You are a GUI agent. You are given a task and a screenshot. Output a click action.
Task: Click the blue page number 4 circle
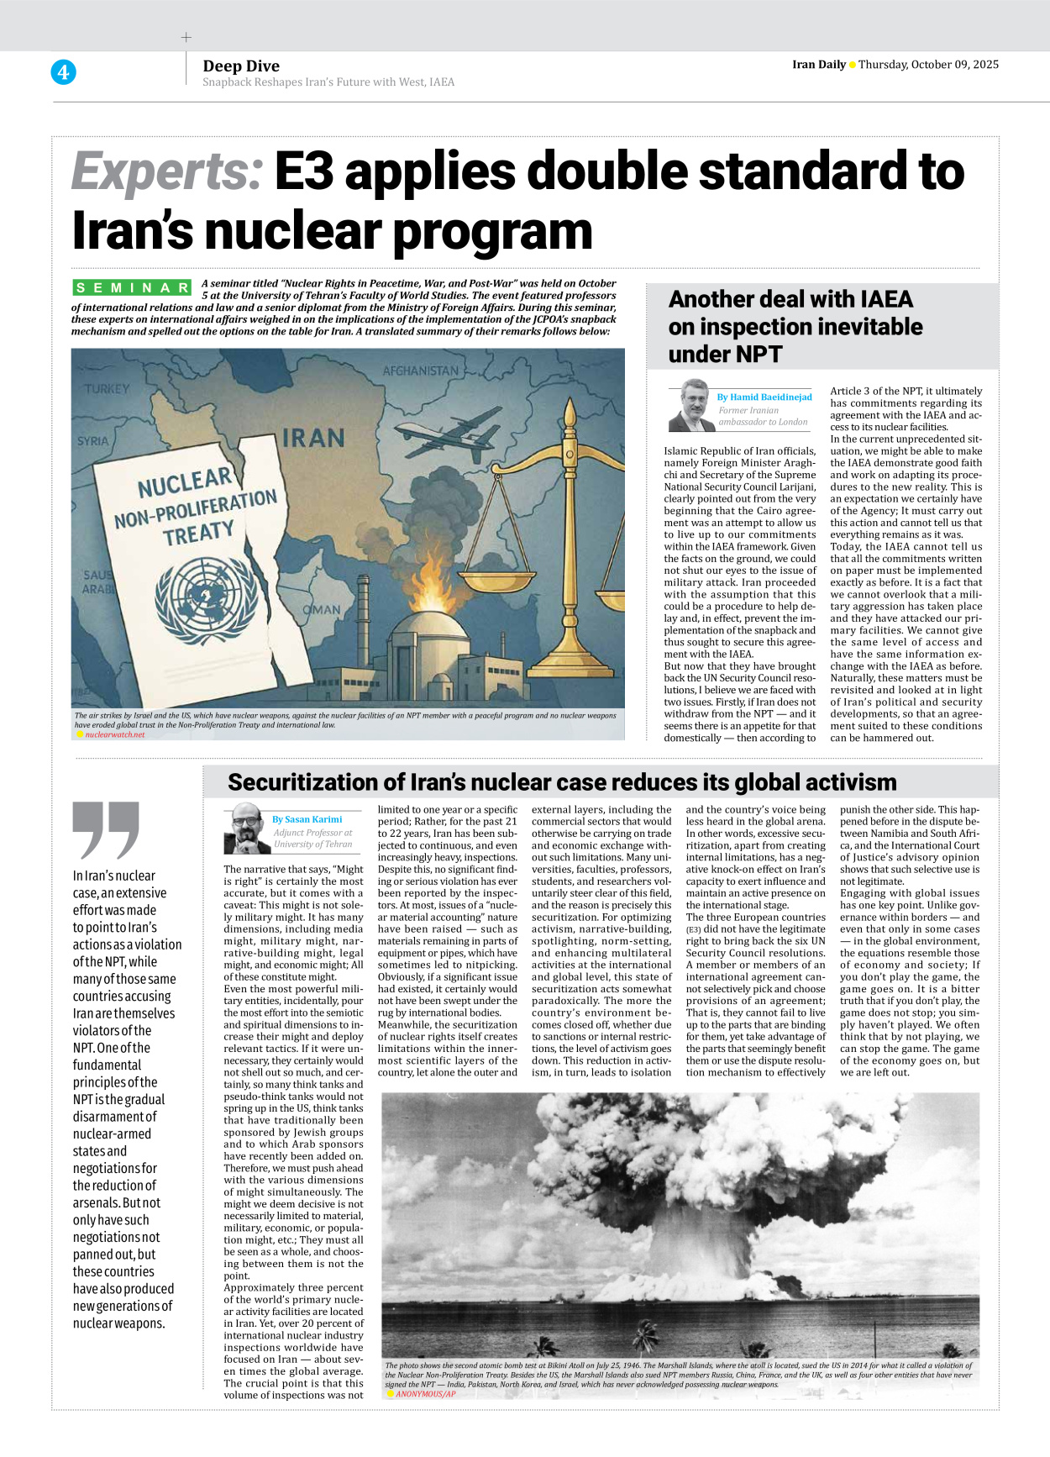(63, 72)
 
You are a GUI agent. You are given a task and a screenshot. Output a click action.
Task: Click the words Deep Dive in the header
(241, 66)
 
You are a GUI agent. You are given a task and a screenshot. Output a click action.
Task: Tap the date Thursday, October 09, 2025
(928, 65)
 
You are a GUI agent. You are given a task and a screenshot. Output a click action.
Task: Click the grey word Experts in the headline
(167, 172)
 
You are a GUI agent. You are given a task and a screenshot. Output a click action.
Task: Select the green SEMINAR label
(132, 288)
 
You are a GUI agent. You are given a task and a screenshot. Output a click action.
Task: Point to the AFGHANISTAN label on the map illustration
(420, 371)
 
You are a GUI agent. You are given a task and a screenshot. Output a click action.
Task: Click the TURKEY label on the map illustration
(107, 389)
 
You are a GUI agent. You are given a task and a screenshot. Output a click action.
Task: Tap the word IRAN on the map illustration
(313, 438)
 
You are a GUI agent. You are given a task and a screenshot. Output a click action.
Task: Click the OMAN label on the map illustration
(322, 609)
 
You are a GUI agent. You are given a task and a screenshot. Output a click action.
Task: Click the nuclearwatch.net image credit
(114, 734)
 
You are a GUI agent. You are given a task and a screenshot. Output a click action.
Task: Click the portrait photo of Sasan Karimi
(246, 829)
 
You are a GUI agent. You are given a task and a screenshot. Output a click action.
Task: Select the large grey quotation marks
(106, 830)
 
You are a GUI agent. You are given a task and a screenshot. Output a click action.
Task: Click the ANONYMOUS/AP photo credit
(425, 1394)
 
